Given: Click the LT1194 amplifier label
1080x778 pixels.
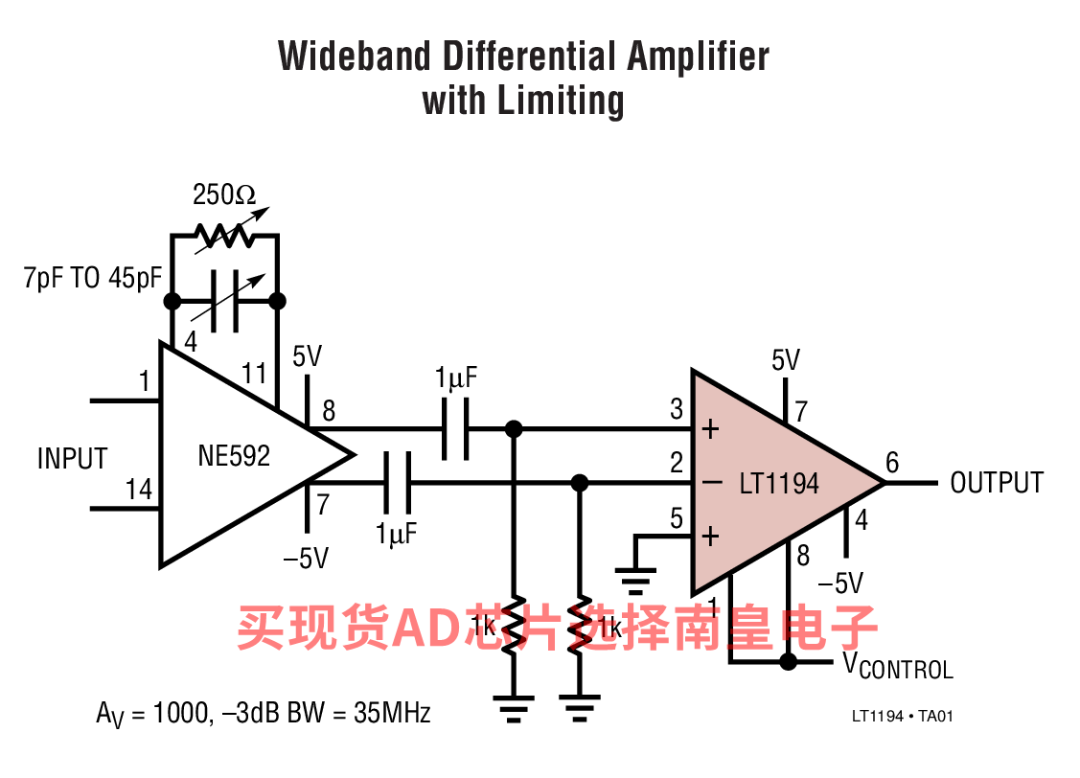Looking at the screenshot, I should [x=779, y=483].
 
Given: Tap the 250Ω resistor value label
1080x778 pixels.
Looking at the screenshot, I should [x=224, y=195].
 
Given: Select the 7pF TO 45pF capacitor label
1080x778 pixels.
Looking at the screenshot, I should [x=92, y=280].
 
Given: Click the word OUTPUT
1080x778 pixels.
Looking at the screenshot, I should [x=996, y=483].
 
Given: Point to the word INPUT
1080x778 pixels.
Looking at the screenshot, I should [x=72, y=459].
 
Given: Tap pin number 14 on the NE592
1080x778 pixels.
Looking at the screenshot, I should [x=139, y=491].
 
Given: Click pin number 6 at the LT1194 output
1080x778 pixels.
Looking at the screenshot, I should [x=892, y=464].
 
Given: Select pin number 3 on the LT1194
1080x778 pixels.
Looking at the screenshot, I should [x=677, y=410].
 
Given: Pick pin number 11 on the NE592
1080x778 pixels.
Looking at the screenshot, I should [x=254, y=373].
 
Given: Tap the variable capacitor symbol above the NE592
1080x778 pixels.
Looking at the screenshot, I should [x=225, y=301].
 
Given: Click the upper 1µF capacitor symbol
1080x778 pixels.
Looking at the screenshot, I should [x=455, y=428].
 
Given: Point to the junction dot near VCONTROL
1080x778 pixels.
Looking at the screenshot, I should [x=789, y=661].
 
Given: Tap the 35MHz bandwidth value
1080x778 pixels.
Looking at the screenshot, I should [x=392, y=713].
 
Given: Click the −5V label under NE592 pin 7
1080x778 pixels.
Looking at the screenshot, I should [x=307, y=558].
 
